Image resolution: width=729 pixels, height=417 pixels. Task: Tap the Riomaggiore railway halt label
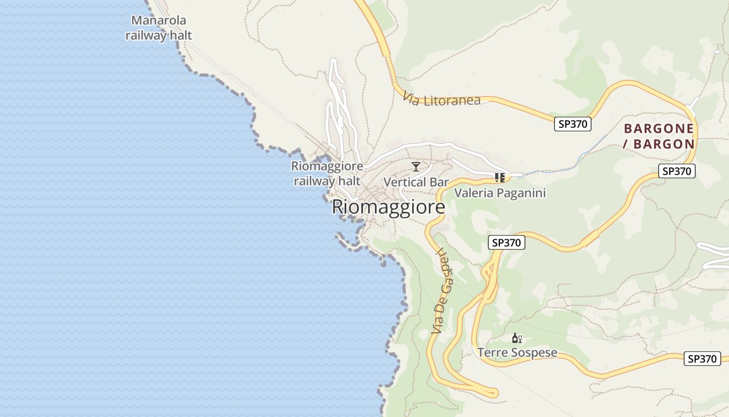pyautogui.click(x=327, y=174)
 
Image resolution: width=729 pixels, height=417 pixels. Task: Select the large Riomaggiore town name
pyautogui.click(x=388, y=207)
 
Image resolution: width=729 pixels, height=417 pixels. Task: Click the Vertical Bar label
pyautogui.click(x=416, y=182)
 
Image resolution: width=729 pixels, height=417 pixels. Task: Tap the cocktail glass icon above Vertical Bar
pyautogui.click(x=416, y=167)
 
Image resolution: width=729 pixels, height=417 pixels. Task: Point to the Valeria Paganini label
pyautogui.click(x=500, y=193)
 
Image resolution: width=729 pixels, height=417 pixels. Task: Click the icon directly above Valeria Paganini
pyautogui.click(x=500, y=178)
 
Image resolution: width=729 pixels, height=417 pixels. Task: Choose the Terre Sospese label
pyautogui.click(x=518, y=353)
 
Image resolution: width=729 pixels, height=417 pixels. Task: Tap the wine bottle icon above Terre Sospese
pyautogui.click(x=517, y=338)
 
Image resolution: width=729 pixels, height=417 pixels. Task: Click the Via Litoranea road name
pyautogui.click(x=442, y=99)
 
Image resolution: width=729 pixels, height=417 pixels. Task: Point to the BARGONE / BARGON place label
pyautogui.click(x=659, y=136)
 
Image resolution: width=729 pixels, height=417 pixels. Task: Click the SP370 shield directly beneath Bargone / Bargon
pyautogui.click(x=677, y=171)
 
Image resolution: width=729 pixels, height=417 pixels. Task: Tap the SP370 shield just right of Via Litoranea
pyautogui.click(x=572, y=124)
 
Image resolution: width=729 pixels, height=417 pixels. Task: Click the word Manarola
pyautogui.click(x=159, y=21)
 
